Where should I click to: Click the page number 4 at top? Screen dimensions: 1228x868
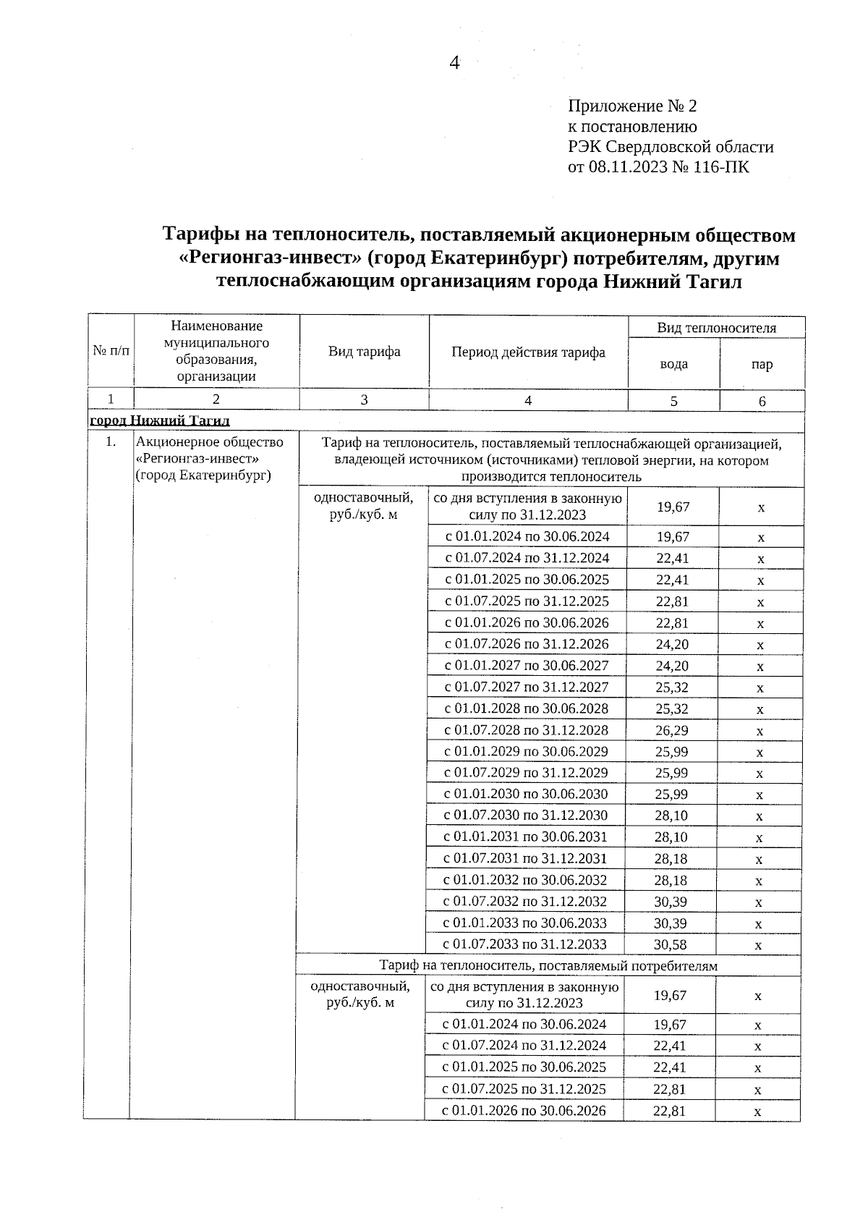454,63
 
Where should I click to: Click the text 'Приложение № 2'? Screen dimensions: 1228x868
632,106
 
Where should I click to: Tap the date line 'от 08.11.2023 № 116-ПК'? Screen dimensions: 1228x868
658,168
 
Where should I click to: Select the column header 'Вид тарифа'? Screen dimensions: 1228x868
364,352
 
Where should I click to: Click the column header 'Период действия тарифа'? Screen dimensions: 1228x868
528,352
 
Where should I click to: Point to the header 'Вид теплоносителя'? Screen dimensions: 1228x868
716,328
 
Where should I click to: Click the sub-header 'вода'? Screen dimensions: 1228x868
673,364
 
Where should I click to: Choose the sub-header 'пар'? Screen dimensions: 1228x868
762,364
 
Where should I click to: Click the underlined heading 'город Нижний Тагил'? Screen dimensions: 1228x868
159,420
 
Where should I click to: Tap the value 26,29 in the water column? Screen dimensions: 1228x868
672,730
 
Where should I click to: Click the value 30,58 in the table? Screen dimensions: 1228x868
671,944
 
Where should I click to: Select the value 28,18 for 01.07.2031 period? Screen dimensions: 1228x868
671,859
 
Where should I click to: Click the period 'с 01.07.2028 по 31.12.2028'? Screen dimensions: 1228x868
527,730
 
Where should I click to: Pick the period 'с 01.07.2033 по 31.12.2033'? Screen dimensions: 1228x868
525,944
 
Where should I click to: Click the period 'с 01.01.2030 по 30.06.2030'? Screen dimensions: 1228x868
526,795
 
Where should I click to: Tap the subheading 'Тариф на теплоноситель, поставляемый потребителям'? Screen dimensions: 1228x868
549,965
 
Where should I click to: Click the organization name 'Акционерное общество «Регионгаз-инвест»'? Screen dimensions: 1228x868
210,450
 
